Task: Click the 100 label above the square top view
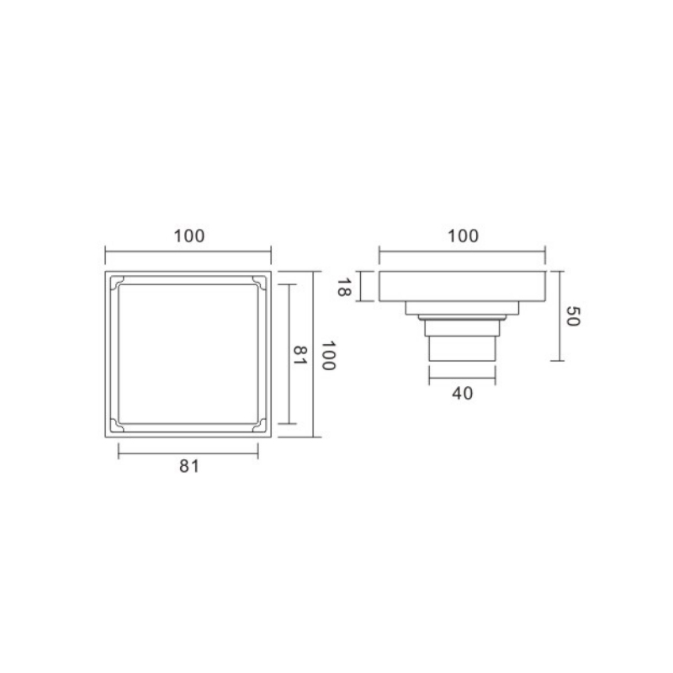click(188, 236)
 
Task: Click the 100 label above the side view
click(463, 236)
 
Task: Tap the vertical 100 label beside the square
click(328, 355)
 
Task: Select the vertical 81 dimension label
click(299, 355)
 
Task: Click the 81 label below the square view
click(189, 466)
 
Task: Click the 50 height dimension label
click(573, 316)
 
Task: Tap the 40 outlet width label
click(462, 393)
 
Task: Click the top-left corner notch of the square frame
click(117, 283)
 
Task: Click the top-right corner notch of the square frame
click(259, 283)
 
